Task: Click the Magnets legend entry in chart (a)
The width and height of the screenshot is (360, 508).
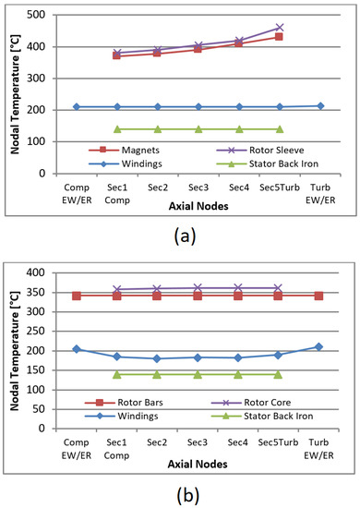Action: pos(126,149)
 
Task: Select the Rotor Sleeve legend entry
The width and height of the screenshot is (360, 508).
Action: pos(237,149)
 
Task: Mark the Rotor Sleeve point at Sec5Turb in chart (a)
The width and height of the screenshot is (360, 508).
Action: pos(279,28)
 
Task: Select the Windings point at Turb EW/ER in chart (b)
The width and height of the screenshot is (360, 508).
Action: pos(318,347)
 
